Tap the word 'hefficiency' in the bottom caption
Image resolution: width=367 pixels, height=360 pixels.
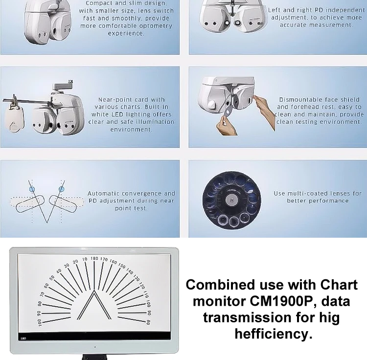(274, 334)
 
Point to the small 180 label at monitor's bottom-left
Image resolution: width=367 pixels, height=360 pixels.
(23, 337)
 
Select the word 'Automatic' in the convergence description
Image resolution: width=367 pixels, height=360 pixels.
(104, 194)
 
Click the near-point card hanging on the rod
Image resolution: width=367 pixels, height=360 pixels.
(15, 119)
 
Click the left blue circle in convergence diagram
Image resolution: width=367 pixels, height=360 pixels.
(32, 188)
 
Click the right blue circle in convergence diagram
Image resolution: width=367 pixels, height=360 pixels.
(62, 188)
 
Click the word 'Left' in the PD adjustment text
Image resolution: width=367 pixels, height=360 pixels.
(275, 10)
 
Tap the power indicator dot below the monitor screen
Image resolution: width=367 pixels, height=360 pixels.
(94, 347)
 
